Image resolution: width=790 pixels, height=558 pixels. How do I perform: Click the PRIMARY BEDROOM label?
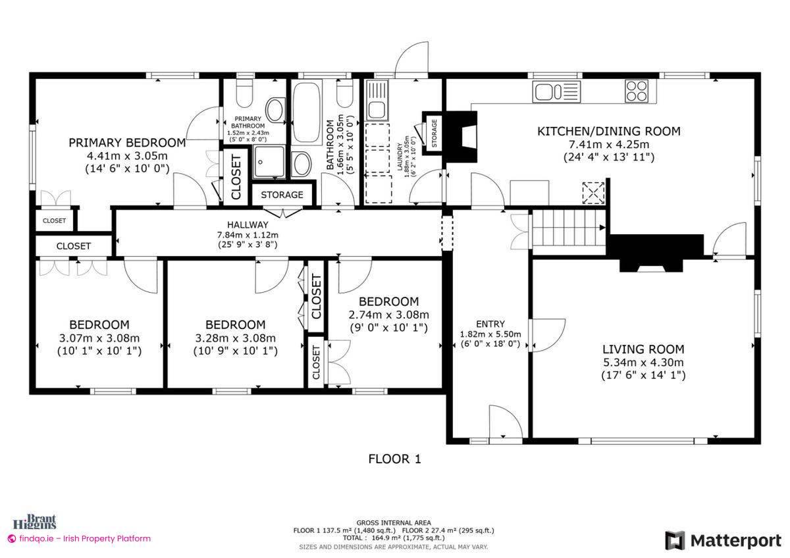click(x=127, y=142)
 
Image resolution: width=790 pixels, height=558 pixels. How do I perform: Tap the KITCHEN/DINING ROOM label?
click(x=608, y=131)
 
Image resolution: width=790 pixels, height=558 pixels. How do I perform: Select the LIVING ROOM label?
click(x=643, y=349)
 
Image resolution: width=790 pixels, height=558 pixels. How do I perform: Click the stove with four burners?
click(x=637, y=90)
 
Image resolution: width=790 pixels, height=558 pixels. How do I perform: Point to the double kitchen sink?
click(x=556, y=91)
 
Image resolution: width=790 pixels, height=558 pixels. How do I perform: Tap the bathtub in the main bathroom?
click(x=307, y=112)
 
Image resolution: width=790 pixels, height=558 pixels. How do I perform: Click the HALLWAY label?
click(x=248, y=225)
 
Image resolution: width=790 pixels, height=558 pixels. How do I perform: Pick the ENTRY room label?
click(x=490, y=324)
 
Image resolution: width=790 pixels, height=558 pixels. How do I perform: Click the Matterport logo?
click(x=723, y=540)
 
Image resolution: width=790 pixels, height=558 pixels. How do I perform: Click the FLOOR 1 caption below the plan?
click(x=394, y=459)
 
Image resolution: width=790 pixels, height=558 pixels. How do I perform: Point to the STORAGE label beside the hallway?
click(x=282, y=195)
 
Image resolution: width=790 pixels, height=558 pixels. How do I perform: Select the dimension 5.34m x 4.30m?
click(x=643, y=363)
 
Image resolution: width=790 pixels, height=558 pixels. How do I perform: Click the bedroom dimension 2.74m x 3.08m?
click(x=388, y=315)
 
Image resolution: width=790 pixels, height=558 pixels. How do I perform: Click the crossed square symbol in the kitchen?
click(x=594, y=193)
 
